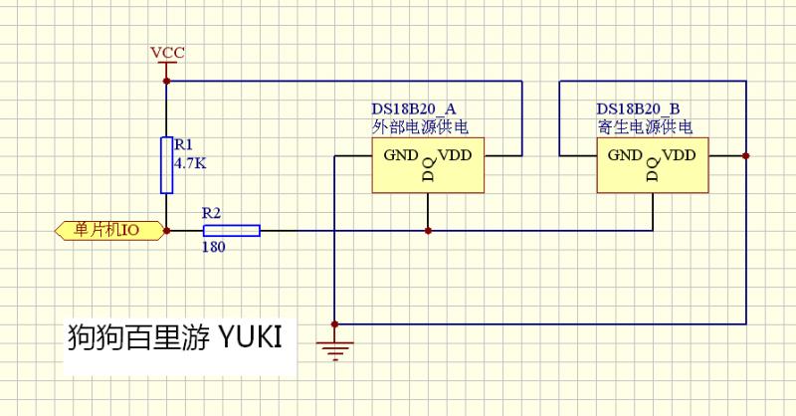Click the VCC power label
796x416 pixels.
point(167,52)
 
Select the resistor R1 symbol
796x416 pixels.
point(167,165)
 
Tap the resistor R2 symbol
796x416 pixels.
point(231,230)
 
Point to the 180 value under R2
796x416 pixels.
point(213,247)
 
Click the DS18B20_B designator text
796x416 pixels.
point(638,108)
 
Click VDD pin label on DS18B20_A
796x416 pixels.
point(456,155)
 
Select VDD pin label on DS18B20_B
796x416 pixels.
point(680,155)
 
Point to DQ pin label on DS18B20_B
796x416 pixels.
point(652,169)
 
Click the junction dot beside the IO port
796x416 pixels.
point(167,230)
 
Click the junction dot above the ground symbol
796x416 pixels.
point(335,323)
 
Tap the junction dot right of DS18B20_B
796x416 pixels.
point(745,156)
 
